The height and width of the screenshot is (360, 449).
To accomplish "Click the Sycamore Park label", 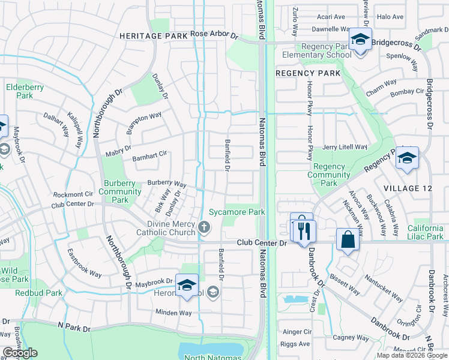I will tap(237, 212).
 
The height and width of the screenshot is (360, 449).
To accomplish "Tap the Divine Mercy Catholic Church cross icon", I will tap(205, 227).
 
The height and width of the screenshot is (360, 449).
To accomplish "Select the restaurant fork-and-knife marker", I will tap(303, 229).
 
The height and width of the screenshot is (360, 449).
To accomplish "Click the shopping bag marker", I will tap(348, 240).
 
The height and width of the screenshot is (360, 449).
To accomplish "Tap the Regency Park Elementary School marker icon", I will tap(360, 40).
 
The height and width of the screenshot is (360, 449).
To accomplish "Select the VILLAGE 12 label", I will tap(408, 188).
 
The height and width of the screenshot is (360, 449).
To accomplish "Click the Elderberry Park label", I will tap(25, 91).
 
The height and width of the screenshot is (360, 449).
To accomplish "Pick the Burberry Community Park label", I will tap(120, 192).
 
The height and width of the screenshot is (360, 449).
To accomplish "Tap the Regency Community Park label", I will tap(329, 175).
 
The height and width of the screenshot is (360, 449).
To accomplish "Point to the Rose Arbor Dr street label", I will tap(214, 34).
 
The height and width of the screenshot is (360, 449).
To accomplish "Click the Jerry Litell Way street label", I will tap(344, 147).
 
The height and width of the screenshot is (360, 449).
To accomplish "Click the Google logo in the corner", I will tap(20, 353).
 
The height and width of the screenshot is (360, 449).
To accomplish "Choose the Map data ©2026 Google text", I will tap(411, 355).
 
